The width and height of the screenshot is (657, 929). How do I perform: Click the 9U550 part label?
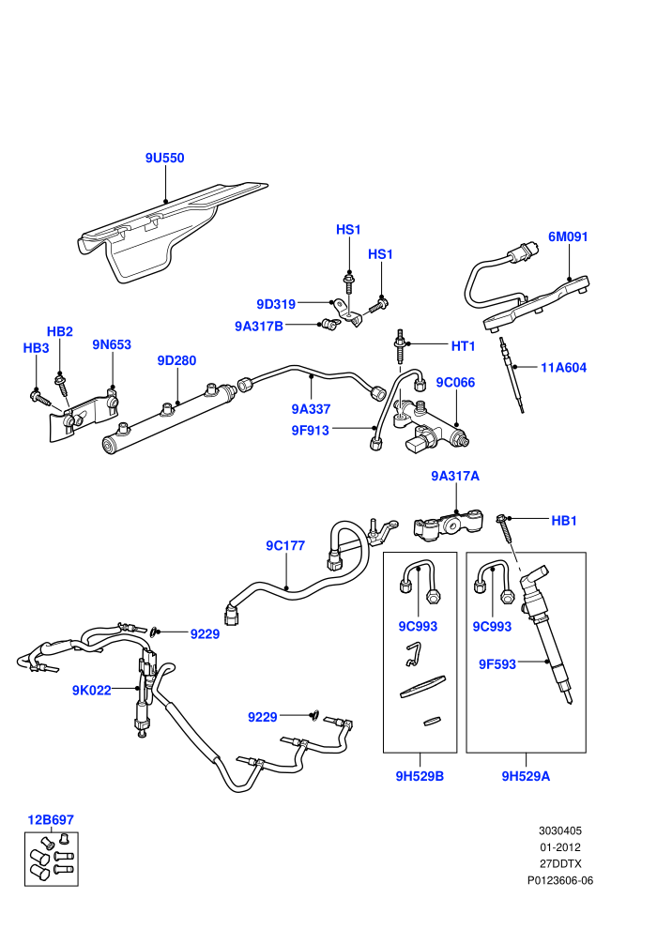(x=164, y=159)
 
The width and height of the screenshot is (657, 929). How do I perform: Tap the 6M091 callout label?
(x=568, y=237)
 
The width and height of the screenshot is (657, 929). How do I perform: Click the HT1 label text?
(x=464, y=346)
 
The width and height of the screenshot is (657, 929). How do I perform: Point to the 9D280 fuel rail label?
(x=176, y=361)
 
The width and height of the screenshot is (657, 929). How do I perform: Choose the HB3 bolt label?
(x=37, y=348)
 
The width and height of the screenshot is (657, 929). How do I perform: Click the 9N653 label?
(x=112, y=344)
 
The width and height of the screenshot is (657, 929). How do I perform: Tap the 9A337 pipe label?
(x=311, y=409)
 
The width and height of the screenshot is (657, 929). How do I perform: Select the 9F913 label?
(x=310, y=431)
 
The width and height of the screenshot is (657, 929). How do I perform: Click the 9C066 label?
(x=455, y=383)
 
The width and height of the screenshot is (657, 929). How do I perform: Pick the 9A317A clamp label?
(x=455, y=477)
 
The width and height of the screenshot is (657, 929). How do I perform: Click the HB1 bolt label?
(x=564, y=521)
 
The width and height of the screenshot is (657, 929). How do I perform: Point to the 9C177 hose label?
(x=285, y=545)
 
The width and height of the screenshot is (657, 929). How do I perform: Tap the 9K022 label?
(x=92, y=691)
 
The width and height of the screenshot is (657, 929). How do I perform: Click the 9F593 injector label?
(x=497, y=664)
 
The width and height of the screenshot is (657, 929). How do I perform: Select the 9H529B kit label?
(x=420, y=776)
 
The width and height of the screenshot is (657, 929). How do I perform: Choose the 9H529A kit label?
(x=527, y=776)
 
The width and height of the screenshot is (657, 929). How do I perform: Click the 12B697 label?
(x=51, y=820)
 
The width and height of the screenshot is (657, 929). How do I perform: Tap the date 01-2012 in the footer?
(x=559, y=847)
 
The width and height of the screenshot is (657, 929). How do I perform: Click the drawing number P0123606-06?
(x=559, y=880)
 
